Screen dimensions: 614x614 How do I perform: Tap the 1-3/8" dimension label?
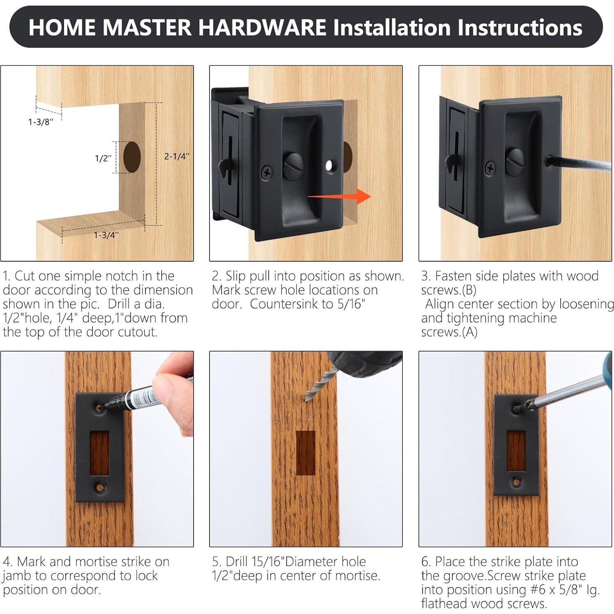[x=41, y=122]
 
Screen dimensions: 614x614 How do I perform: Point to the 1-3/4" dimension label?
[x=106, y=235]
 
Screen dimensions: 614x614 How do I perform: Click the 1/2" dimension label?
[x=103, y=158]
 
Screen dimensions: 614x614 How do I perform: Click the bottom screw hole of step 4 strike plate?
[x=99, y=487]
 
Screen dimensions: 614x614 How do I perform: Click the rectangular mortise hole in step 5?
[x=306, y=452]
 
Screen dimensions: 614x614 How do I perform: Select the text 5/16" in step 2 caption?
[x=350, y=304]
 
